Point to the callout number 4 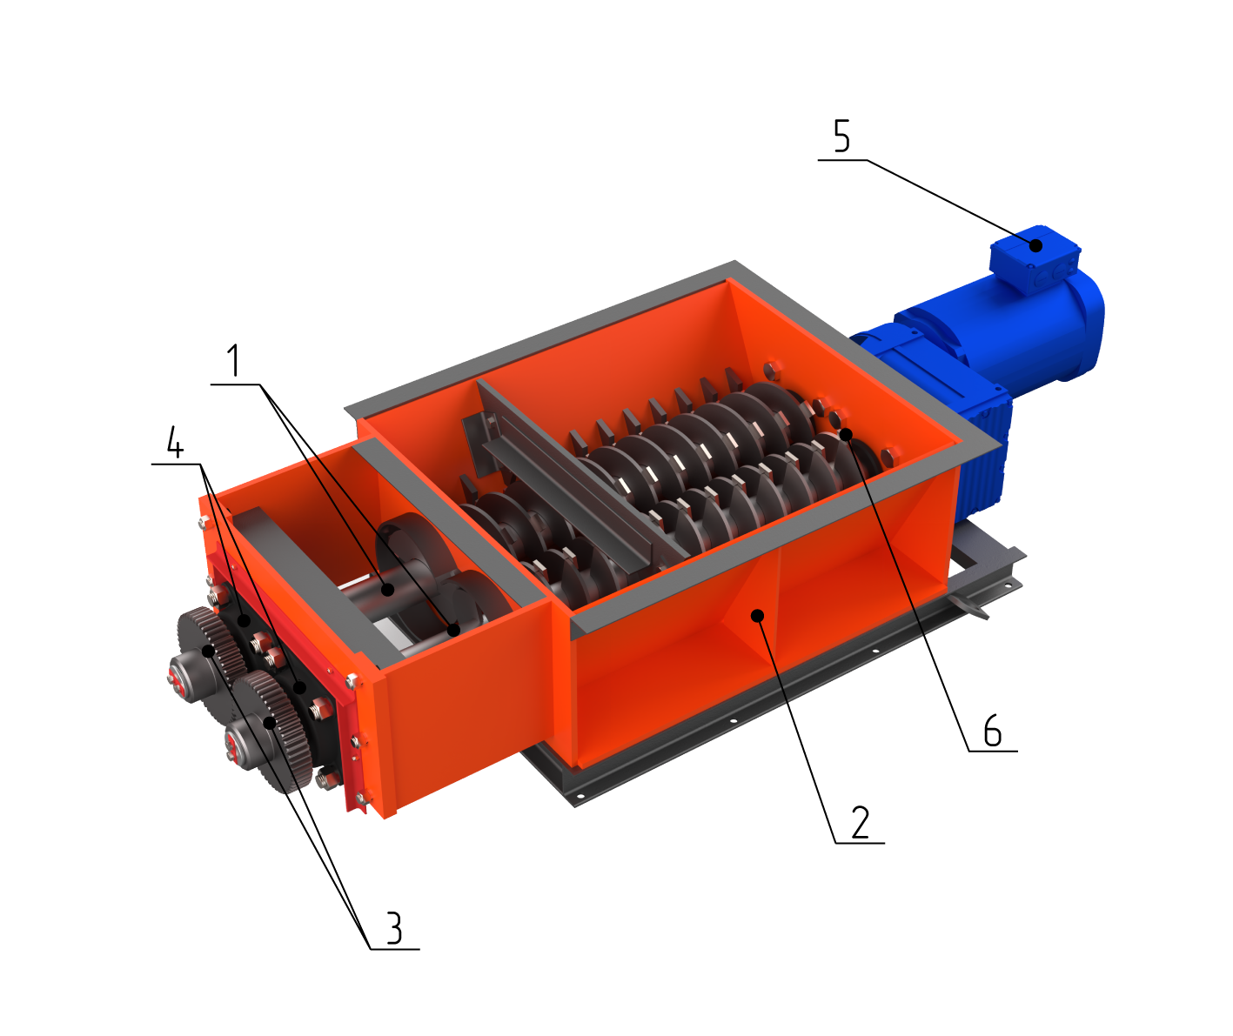coord(175,442)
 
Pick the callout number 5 coord(841,135)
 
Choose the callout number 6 coord(993,730)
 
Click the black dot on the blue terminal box coord(1035,245)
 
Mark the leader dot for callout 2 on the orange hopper coord(757,616)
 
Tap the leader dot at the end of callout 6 coord(846,434)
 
